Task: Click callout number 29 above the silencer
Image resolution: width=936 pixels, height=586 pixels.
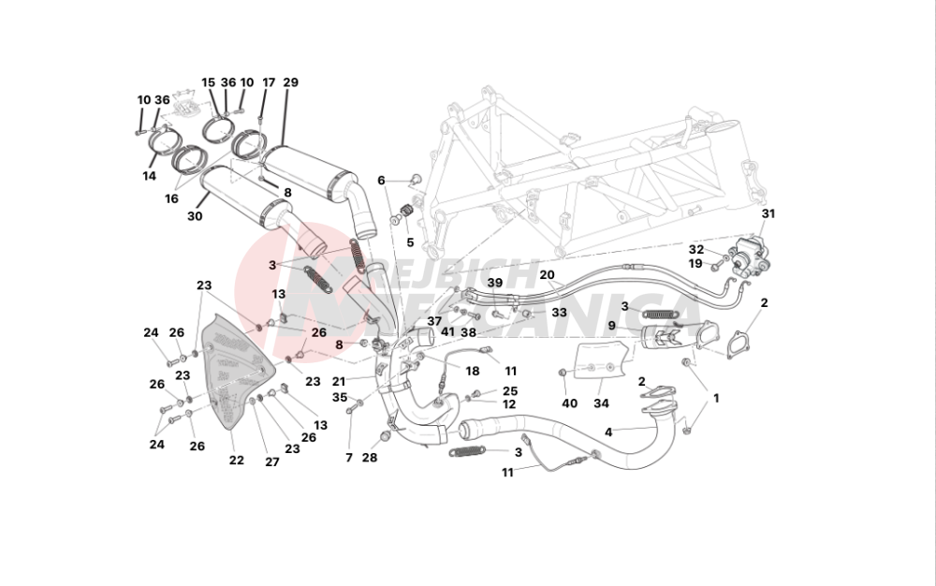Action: pyautogui.click(x=290, y=83)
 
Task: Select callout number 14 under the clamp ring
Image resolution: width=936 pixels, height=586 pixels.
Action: pyautogui.click(x=150, y=175)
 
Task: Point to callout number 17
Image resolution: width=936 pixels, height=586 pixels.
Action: pyautogui.click(x=269, y=83)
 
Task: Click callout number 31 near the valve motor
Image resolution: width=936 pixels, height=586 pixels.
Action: pyautogui.click(x=768, y=213)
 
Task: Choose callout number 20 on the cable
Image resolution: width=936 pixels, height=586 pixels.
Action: pyautogui.click(x=547, y=275)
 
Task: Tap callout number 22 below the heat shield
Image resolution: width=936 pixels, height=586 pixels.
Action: pyautogui.click(x=236, y=460)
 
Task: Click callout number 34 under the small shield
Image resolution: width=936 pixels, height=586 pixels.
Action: pyautogui.click(x=601, y=403)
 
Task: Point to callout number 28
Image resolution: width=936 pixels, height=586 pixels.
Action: pyautogui.click(x=370, y=458)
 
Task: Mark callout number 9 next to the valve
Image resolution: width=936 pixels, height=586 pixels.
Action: pyautogui.click(x=610, y=326)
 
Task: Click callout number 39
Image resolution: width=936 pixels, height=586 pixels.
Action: pyautogui.click(x=494, y=283)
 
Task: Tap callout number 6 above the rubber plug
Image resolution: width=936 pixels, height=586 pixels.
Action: pyautogui.click(x=381, y=180)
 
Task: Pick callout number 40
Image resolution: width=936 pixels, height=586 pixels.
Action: pyautogui.click(x=570, y=403)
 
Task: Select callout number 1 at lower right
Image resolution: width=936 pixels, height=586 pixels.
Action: pyautogui.click(x=716, y=398)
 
